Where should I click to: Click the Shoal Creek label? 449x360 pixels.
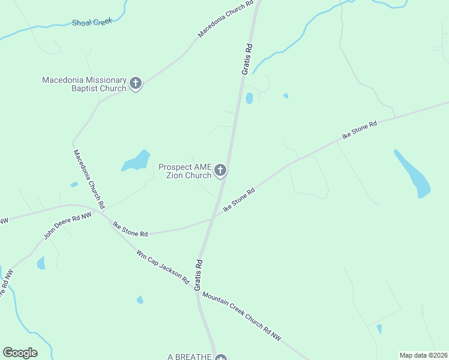(x=92, y=23)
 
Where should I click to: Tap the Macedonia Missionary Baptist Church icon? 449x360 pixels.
(x=136, y=83)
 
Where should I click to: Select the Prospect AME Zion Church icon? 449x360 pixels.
(x=220, y=171)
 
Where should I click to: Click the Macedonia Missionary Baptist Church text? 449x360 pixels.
(x=84, y=84)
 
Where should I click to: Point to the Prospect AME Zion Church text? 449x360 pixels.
(x=185, y=171)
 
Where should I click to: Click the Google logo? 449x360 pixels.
(x=20, y=353)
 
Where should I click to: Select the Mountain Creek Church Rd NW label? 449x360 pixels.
(x=241, y=317)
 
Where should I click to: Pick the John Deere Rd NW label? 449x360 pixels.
(x=67, y=226)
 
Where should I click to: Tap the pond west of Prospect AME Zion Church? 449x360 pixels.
(x=136, y=161)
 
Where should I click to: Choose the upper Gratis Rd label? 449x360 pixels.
(x=246, y=59)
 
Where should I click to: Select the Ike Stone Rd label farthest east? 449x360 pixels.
(x=359, y=130)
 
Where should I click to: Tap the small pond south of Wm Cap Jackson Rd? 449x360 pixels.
(x=140, y=299)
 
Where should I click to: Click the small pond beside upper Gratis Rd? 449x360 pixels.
(x=249, y=98)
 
